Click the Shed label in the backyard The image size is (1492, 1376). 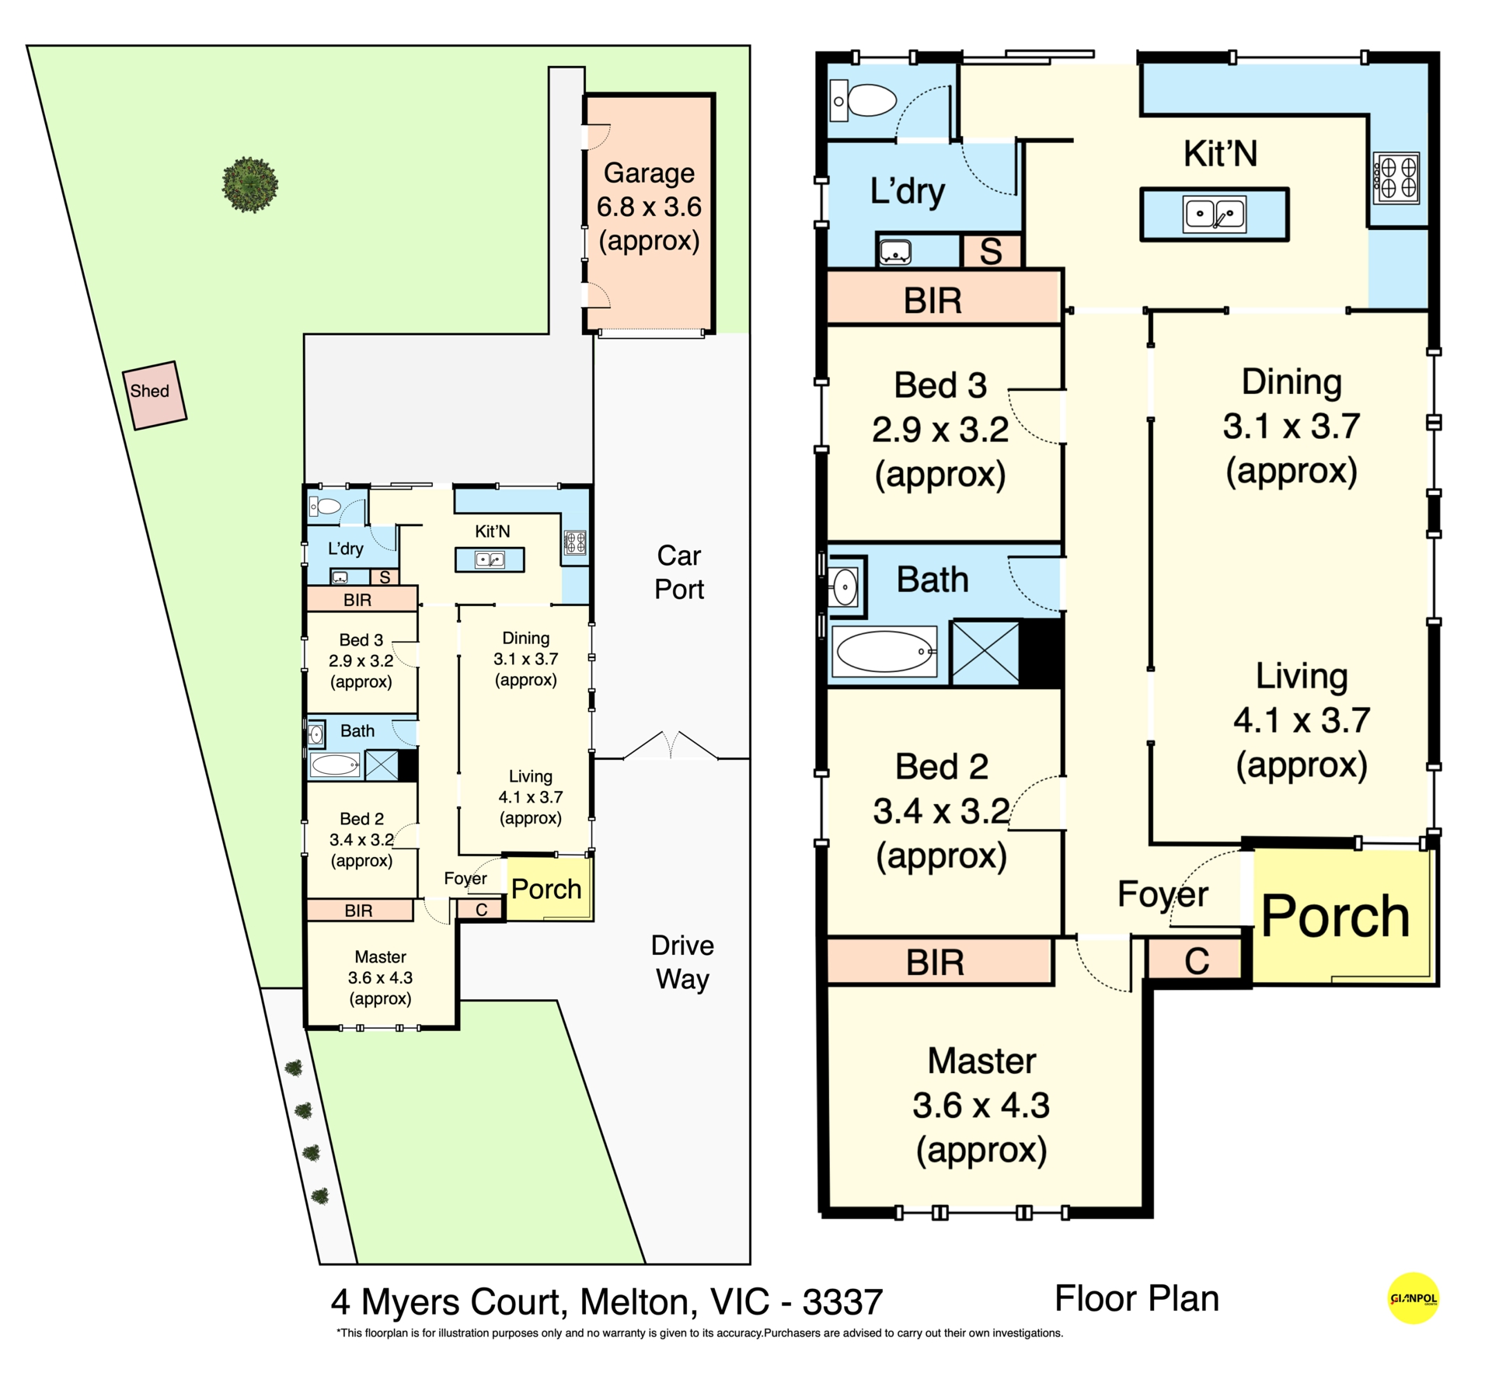tap(149, 391)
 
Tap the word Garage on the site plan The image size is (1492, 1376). tap(649, 174)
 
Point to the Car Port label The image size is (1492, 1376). tap(679, 573)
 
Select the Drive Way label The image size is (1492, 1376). tap(682, 962)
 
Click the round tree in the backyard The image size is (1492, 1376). tap(249, 184)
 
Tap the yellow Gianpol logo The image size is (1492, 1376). tap(1413, 1298)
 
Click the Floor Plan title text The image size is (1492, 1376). tap(1137, 1298)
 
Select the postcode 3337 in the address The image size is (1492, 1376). tap(842, 1302)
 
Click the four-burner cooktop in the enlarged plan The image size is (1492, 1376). tap(1396, 177)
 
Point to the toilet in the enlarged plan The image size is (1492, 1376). tap(864, 100)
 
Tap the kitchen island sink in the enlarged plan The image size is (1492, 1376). tap(1214, 214)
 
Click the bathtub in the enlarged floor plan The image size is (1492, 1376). tap(884, 651)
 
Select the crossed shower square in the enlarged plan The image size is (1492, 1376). tap(985, 653)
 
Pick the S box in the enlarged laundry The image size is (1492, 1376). tap(991, 251)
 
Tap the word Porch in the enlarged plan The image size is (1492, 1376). tap(1335, 917)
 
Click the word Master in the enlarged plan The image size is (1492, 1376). tap(981, 1061)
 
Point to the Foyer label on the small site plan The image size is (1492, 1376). tap(465, 879)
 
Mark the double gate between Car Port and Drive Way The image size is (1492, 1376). tap(671, 744)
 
